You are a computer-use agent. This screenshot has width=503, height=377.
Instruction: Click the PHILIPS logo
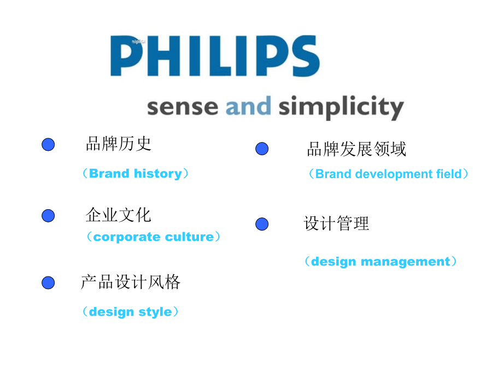pos(215,56)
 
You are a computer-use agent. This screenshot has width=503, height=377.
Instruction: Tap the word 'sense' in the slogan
pos(183,107)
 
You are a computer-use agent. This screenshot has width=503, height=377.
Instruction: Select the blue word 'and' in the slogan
pos(248,105)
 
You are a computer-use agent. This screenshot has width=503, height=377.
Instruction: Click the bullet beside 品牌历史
pos(48,144)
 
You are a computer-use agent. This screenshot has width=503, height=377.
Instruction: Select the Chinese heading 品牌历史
pos(119,144)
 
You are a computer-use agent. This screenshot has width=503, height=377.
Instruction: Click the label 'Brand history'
pos(136,173)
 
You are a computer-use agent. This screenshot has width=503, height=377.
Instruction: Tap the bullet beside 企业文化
pos(48,215)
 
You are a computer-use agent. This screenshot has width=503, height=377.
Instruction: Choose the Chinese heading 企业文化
pos(118,215)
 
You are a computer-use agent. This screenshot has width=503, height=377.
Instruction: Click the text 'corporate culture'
pos(154,237)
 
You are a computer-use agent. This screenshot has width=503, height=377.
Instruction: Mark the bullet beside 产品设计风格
pos(48,283)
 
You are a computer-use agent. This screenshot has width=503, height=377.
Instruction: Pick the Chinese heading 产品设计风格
pos(131,282)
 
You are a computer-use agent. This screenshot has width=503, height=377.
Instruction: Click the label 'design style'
pos(130,312)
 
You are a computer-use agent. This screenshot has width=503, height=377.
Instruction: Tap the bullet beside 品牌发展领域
pos(262,149)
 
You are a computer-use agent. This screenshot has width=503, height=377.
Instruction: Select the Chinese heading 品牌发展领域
pos(356,149)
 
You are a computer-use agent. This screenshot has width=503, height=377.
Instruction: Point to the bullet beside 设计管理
pos(262,224)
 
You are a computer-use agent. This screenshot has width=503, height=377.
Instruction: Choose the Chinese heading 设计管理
pos(336,223)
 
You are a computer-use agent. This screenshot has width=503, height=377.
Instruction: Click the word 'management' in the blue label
pos(406,262)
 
